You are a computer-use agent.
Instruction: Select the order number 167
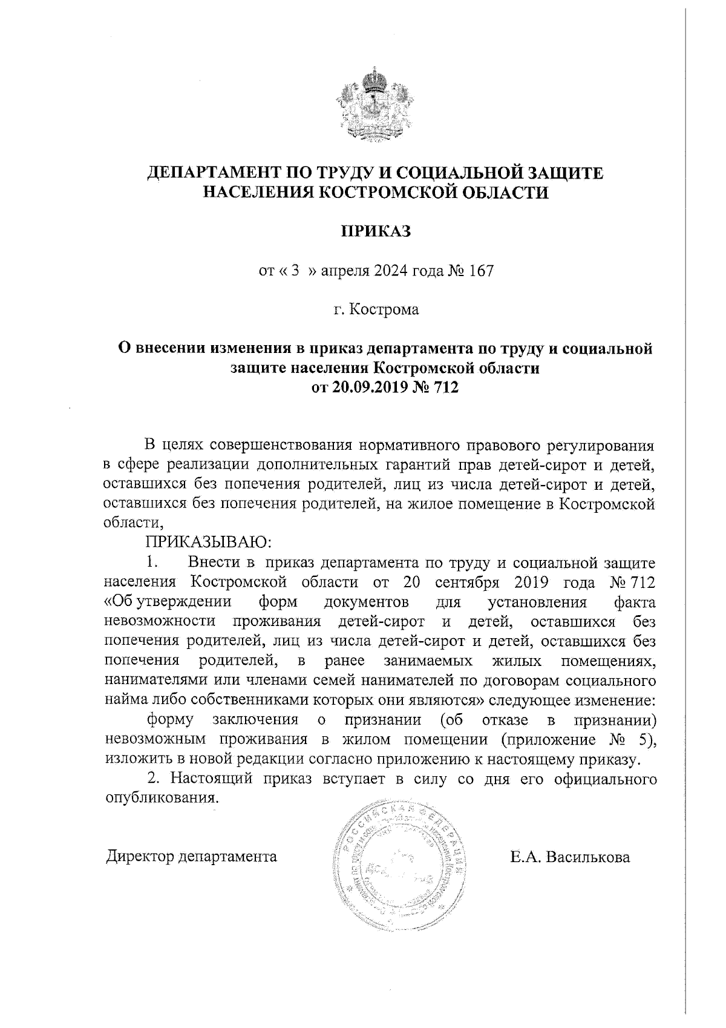482,271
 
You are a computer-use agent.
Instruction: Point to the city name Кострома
387,310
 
